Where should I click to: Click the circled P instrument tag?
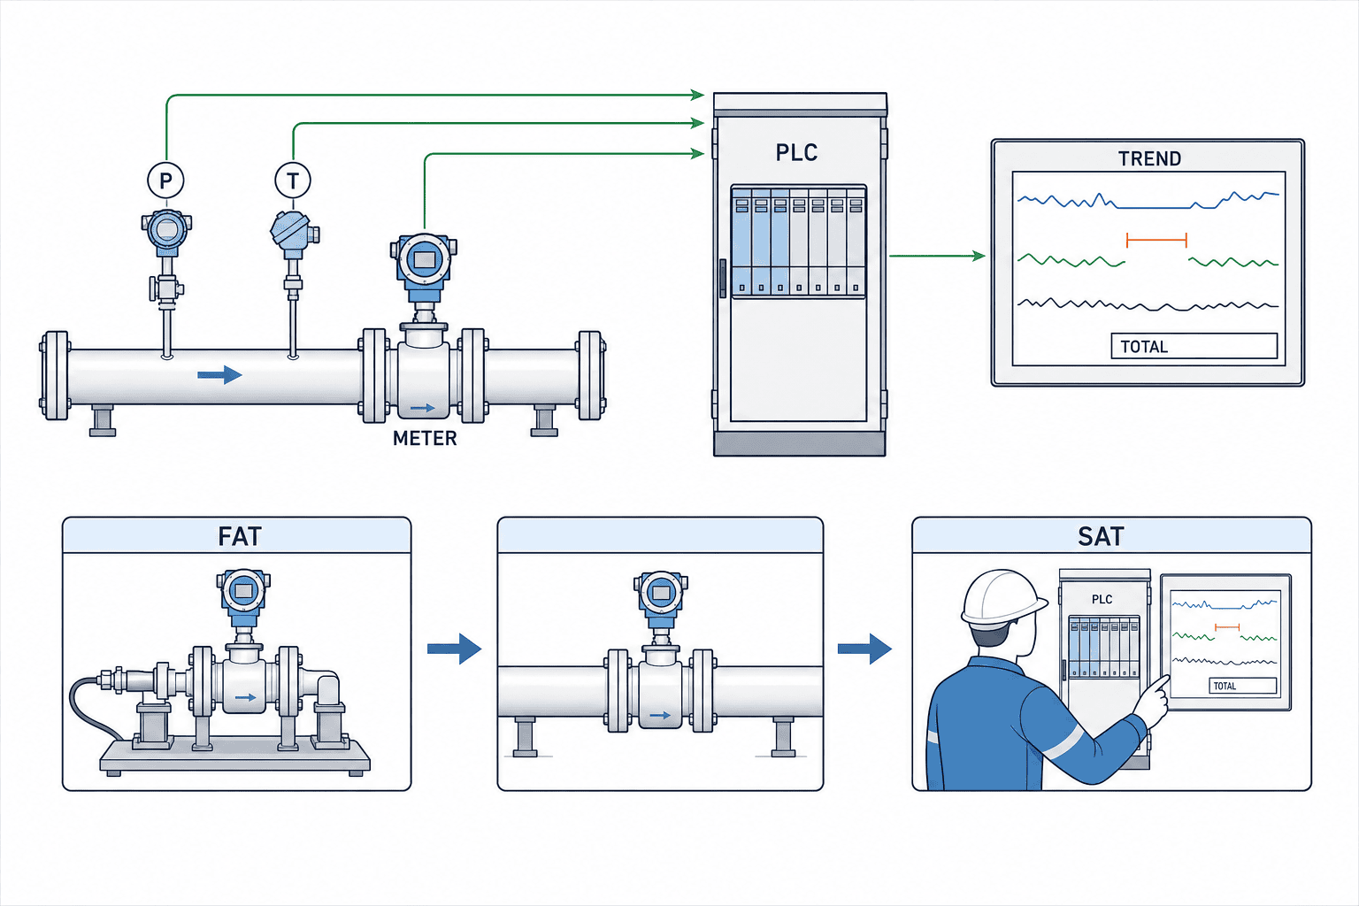pyautogui.click(x=165, y=180)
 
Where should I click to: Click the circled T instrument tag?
pyautogui.click(x=293, y=180)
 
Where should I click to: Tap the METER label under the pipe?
pyautogui.click(x=425, y=438)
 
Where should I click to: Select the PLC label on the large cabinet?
pyautogui.click(x=796, y=152)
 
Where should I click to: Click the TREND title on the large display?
pyautogui.click(x=1149, y=159)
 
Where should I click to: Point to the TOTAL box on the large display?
pyautogui.click(x=1194, y=346)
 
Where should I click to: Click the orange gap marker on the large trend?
pyautogui.click(x=1156, y=241)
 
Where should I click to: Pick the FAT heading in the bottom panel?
pyautogui.click(x=240, y=536)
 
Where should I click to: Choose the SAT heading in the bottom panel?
pyautogui.click(x=1101, y=536)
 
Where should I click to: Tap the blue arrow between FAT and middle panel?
pyautogui.click(x=455, y=649)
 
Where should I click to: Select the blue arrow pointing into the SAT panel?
pyautogui.click(x=864, y=649)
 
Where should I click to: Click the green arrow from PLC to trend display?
pyautogui.click(x=937, y=256)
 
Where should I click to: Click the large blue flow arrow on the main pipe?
pyautogui.click(x=219, y=375)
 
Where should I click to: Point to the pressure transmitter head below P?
pyautogui.click(x=167, y=231)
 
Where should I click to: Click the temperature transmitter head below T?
pyautogui.click(x=294, y=233)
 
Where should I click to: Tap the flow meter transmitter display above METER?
pyautogui.click(x=424, y=260)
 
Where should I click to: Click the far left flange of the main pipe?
pyautogui.click(x=55, y=376)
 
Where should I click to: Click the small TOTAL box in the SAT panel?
pyautogui.click(x=1243, y=686)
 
